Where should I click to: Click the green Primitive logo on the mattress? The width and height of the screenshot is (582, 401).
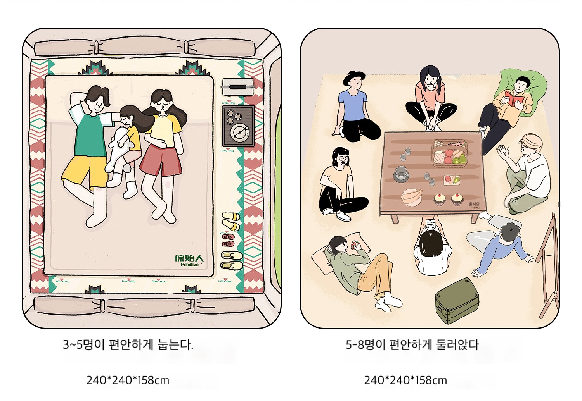189,260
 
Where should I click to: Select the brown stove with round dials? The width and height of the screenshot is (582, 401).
238,126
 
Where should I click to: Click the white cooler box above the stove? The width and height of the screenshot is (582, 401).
238,87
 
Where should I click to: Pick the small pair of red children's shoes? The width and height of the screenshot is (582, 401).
228,241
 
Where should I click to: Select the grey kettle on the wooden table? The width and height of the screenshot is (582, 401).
401,174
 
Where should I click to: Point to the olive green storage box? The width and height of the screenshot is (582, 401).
457,300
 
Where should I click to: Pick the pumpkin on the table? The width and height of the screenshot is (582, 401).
412,197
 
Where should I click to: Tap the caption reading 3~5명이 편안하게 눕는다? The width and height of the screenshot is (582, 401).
128,345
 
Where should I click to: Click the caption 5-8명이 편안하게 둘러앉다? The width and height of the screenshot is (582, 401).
412,345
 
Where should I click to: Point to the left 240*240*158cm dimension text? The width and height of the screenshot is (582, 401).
128,380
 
